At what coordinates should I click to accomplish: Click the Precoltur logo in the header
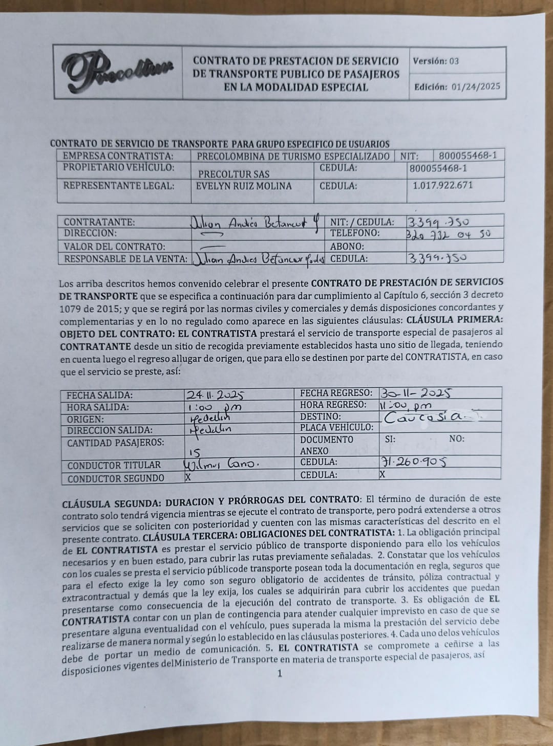[x=118, y=72]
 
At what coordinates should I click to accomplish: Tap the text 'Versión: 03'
[x=436, y=61]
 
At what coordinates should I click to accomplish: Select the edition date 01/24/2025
[x=476, y=87]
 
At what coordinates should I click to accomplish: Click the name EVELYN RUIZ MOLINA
[x=244, y=186]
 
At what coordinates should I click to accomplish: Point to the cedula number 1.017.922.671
[x=442, y=186]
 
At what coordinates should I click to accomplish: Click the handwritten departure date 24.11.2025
[x=215, y=395]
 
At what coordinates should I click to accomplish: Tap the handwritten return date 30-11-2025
[x=415, y=393]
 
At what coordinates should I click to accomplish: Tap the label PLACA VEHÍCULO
[x=336, y=427]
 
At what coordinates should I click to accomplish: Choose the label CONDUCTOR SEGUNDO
[x=116, y=479]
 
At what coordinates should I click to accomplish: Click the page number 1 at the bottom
[x=280, y=674]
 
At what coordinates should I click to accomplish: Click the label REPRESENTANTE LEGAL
[x=119, y=186]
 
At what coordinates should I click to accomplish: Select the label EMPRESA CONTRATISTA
[x=118, y=156]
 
